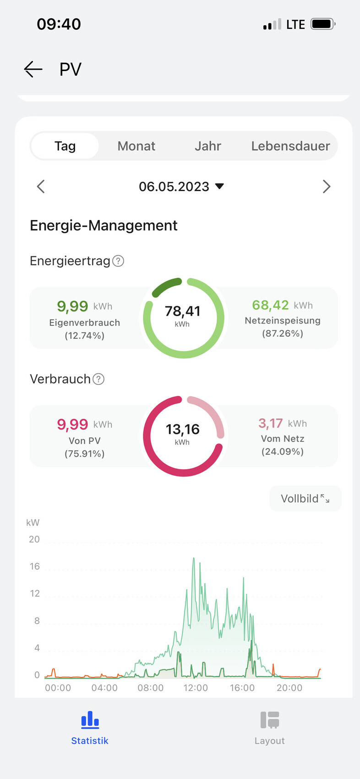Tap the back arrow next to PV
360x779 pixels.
(33, 69)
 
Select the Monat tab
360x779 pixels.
(136, 146)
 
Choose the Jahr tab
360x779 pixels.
(207, 146)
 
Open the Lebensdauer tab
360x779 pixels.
(290, 146)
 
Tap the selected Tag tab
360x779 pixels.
(65, 146)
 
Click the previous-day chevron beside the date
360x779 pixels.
(41, 187)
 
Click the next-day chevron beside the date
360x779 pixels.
(326, 187)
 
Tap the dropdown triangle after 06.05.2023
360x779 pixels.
(219, 186)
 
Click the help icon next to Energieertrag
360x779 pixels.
(118, 261)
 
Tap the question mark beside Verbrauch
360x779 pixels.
(98, 379)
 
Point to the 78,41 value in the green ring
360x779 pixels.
(182, 312)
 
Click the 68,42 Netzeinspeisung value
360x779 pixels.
(270, 305)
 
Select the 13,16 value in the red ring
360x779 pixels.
(182, 429)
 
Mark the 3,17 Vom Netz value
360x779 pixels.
(270, 423)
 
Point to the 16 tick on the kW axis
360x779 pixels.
(35, 566)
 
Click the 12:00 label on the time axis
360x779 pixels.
(196, 688)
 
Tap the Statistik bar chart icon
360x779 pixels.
(90, 720)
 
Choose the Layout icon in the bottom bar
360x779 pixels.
(270, 720)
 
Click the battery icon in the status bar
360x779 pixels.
(323, 24)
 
